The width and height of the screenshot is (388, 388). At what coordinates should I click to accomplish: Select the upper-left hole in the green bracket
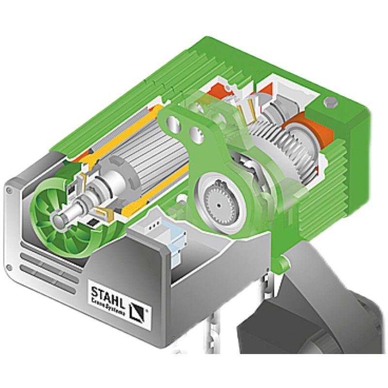coord(174,123)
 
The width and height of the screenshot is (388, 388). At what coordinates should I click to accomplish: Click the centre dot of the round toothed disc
coord(219,204)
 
